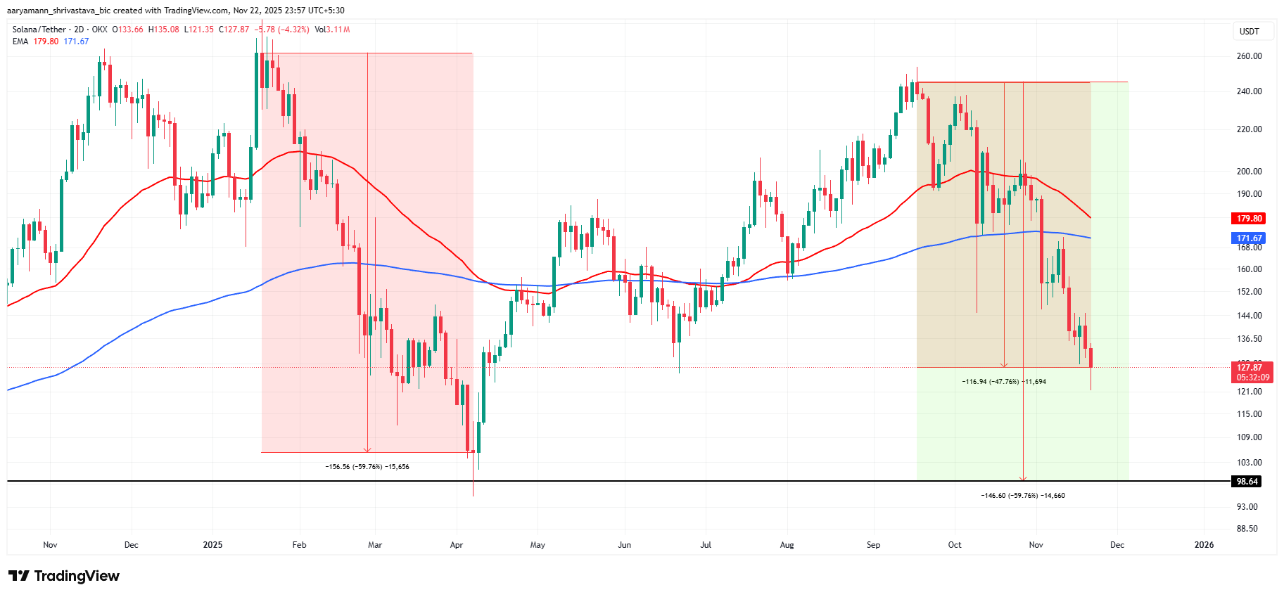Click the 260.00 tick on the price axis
click(1249, 56)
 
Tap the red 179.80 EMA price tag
click(1249, 219)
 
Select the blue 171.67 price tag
click(1249, 238)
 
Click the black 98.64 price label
click(1247, 482)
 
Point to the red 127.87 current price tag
click(1250, 368)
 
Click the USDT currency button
click(1250, 32)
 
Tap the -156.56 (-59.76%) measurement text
click(367, 467)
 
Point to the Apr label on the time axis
click(457, 545)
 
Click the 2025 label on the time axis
click(212, 545)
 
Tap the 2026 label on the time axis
click(1204, 545)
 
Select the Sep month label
click(873, 545)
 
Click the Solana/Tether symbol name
click(39, 30)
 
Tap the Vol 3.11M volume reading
click(332, 30)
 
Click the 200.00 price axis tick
click(1249, 172)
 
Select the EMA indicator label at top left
click(20, 41)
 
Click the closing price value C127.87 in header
click(234, 30)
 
